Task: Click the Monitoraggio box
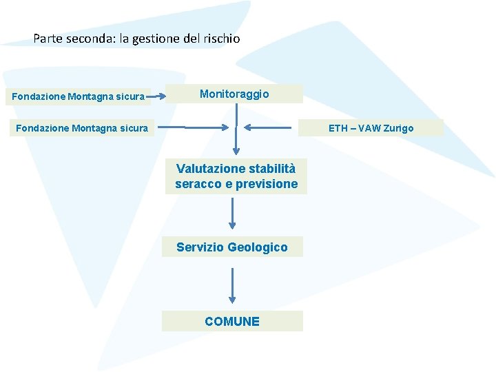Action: [234, 94]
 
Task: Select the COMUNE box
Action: [232, 321]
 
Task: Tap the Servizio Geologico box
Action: [232, 247]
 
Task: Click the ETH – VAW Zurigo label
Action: [371, 128]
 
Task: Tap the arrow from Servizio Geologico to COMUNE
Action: [233, 285]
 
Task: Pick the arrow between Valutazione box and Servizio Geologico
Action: [233, 214]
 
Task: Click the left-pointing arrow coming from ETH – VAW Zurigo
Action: [272, 127]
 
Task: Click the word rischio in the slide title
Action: [221, 39]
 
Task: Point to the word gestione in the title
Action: [156, 39]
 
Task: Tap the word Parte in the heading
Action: [48, 39]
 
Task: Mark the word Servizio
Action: [200, 247]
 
